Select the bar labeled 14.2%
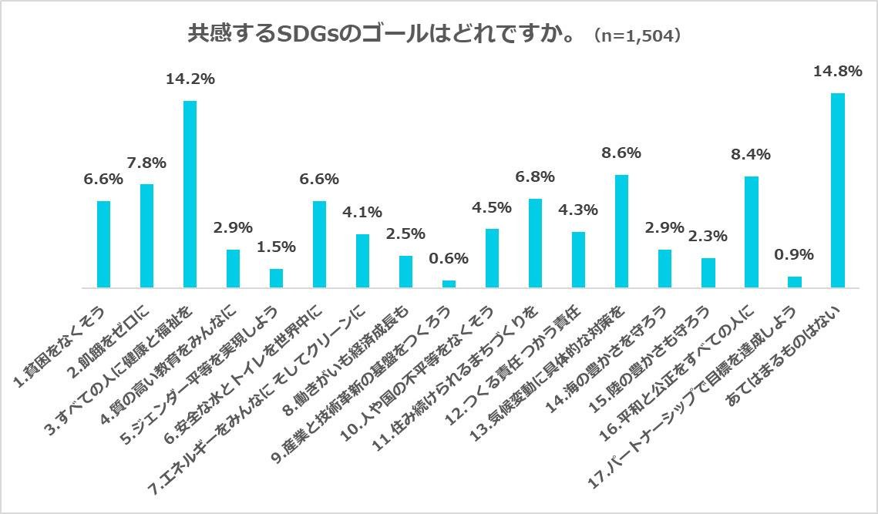pyautogui.click(x=190, y=194)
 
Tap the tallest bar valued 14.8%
pyautogui.click(x=837, y=190)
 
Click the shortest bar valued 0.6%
pyautogui.click(x=449, y=284)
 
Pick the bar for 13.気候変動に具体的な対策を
pyautogui.click(x=621, y=231)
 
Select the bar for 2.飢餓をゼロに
pyautogui.click(x=146, y=236)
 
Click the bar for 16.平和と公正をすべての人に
pyautogui.click(x=751, y=232)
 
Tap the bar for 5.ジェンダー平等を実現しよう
pyautogui.click(x=276, y=278)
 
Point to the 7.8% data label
pyautogui.click(x=146, y=163)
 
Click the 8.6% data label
pyautogui.click(x=621, y=153)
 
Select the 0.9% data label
pyautogui.click(x=794, y=255)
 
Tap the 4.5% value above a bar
pyautogui.click(x=492, y=207)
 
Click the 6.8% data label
pyautogui.click(x=535, y=176)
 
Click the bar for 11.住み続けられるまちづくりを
pyautogui.click(x=535, y=244)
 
